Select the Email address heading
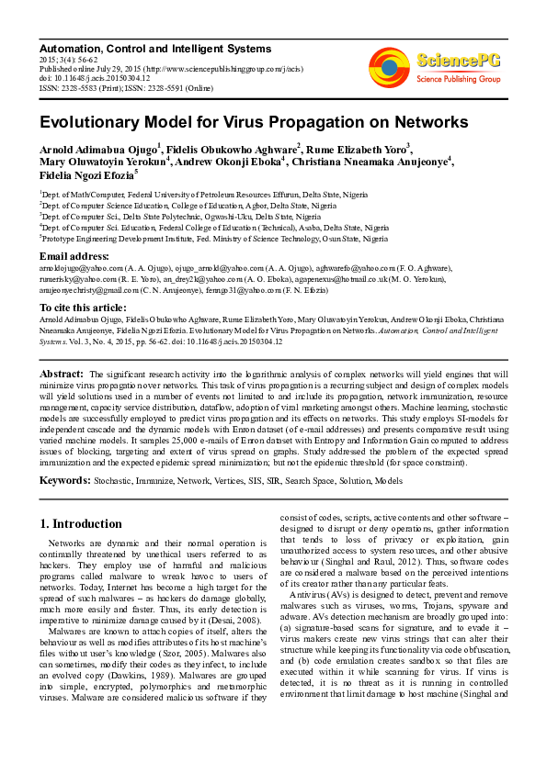(74, 254)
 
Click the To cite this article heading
(83, 307)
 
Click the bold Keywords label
(64, 480)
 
